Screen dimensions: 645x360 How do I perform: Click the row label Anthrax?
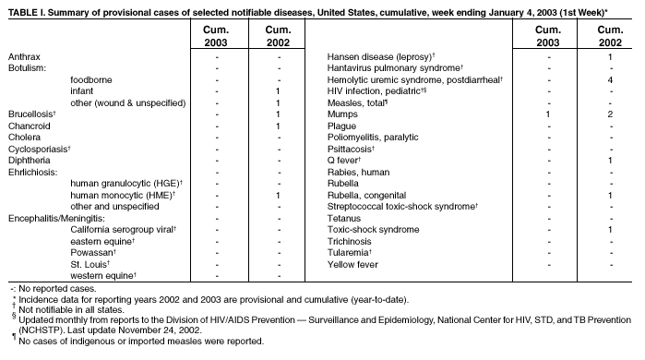[24, 57]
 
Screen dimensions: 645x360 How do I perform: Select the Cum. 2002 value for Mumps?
[610, 114]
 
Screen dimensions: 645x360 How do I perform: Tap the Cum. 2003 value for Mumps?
[547, 114]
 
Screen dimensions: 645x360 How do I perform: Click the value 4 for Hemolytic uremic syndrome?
[610, 80]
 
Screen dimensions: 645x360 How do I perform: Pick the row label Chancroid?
[29, 126]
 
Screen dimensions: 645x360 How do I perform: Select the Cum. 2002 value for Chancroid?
[278, 126]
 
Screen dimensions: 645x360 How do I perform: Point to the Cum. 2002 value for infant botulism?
[278, 91]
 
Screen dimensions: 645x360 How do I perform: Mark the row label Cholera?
[24, 138]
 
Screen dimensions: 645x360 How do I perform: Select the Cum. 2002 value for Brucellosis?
[278, 114]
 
